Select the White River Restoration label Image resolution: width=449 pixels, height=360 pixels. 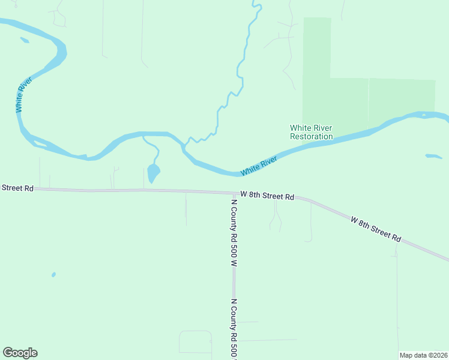[x=311, y=132]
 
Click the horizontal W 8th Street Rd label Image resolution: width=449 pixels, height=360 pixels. [x=267, y=196]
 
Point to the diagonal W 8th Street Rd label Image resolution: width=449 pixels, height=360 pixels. [x=376, y=229]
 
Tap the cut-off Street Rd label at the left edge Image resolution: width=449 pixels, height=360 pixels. [x=17, y=188]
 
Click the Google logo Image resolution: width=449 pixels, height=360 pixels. [x=20, y=353]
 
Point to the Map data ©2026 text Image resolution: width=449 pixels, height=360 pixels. [x=423, y=355]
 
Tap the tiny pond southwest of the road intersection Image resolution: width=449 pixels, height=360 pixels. [x=53, y=275]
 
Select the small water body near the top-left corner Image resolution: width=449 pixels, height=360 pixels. [x=25, y=40]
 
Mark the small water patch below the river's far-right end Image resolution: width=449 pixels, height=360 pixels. [x=433, y=157]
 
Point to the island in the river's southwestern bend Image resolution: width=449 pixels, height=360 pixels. [x=40, y=143]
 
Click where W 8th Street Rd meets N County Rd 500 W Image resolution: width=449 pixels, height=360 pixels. [x=234, y=193]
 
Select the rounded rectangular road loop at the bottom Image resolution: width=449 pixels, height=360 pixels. [x=195, y=342]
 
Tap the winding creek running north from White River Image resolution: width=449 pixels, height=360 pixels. [x=240, y=72]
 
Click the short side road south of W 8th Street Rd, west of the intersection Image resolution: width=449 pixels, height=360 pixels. [x=185, y=209]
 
